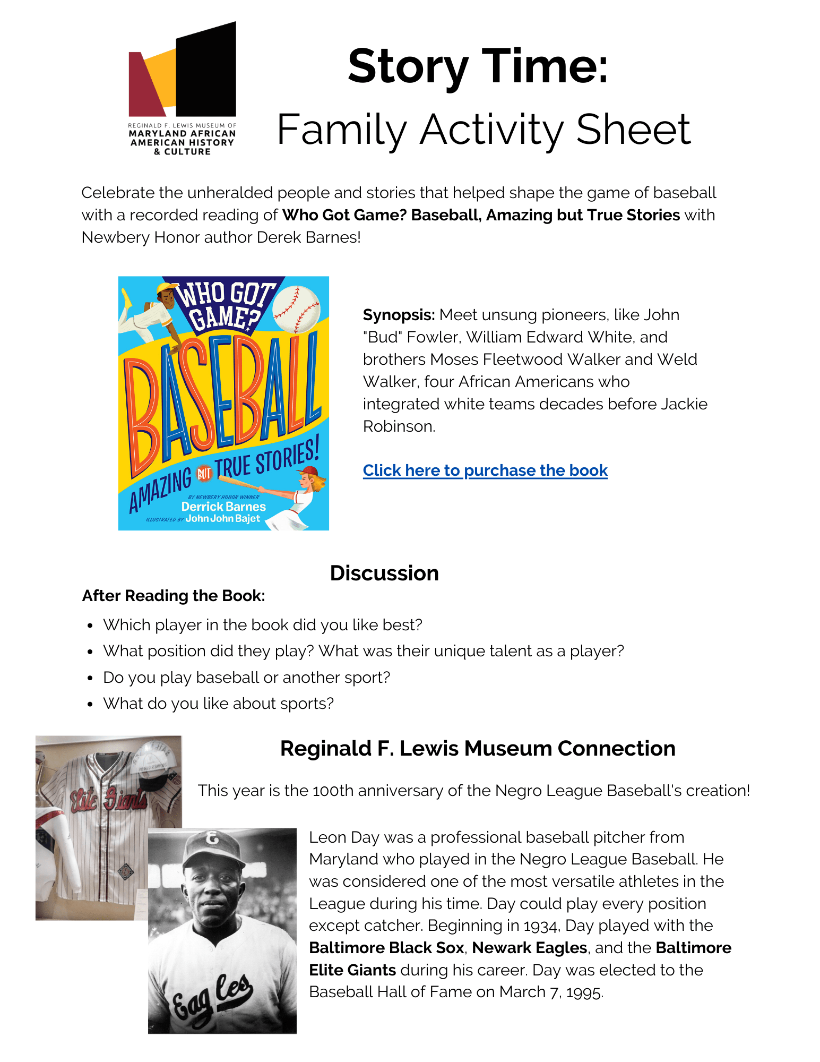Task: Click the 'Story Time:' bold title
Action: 478,67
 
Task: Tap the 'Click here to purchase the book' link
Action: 485,470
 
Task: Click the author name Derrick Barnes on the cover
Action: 223,507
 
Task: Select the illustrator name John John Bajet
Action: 223,519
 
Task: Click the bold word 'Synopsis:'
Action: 399,315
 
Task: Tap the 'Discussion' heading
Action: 384,573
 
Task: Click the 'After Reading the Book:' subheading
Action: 174,596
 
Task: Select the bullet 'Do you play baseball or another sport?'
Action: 246,678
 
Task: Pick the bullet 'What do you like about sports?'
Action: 218,704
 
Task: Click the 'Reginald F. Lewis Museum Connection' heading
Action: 478,748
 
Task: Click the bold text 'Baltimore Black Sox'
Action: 386,948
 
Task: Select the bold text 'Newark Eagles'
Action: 529,948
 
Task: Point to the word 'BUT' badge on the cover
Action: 204,473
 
